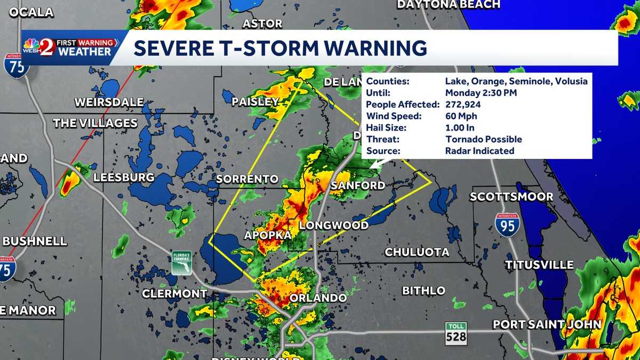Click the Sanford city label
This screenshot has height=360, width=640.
pos(358,186)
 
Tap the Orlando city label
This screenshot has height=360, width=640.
pos(318,298)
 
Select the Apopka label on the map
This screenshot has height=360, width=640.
pos(268,235)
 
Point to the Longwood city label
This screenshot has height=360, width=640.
pos(334,226)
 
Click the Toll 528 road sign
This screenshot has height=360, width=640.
pos(456,332)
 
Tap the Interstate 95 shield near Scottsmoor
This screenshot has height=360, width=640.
pos(507,225)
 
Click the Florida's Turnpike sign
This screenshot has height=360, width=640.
pos(181,263)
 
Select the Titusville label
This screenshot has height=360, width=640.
pos(540,265)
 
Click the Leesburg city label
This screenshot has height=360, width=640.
pos(124,177)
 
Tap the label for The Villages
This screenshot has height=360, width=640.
pos(95,123)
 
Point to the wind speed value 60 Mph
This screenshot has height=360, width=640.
pos(461,116)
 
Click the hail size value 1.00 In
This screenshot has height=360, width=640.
pos(460,128)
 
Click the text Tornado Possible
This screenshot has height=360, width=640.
pos(484,140)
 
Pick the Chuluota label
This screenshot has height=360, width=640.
pos(417,252)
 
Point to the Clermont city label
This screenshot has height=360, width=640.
pos(174,293)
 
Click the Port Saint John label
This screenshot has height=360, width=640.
pos(547,324)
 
